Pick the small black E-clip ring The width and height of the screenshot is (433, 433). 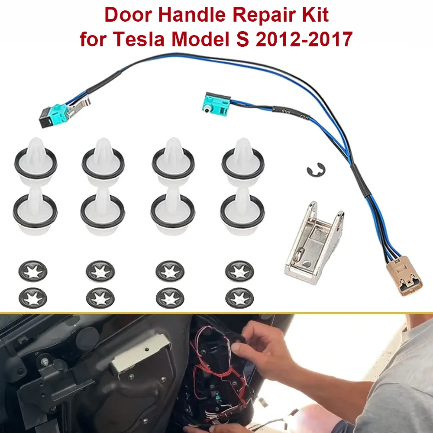316,170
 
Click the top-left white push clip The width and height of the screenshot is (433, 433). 36,162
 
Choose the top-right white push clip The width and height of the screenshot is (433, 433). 243,162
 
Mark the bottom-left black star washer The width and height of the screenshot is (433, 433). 33,298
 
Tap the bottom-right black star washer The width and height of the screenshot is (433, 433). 239,298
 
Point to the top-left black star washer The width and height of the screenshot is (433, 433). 33,271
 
